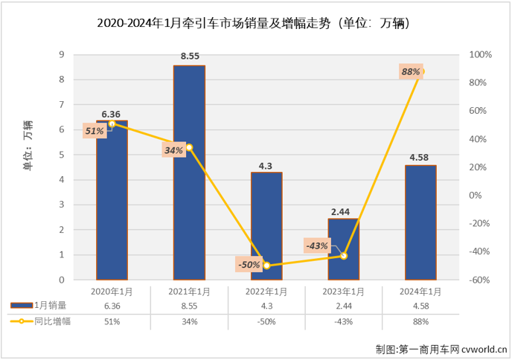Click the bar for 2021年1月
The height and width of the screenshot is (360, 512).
click(189, 173)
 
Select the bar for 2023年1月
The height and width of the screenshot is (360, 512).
click(343, 249)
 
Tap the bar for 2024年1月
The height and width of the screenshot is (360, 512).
click(420, 222)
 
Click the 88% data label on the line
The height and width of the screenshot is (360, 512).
click(411, 71)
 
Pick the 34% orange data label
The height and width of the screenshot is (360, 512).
click(173, 150)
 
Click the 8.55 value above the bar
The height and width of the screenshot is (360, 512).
click(189, 56)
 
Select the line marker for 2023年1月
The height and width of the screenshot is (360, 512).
click(344, 256)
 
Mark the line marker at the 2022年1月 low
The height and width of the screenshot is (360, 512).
click(266, 266)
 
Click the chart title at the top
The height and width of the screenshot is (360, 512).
click(255, 23)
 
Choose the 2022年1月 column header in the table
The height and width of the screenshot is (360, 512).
click(266, 292)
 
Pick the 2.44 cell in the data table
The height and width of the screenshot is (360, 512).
click(343, 306)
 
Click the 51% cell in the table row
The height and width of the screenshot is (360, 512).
click(112, 321)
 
